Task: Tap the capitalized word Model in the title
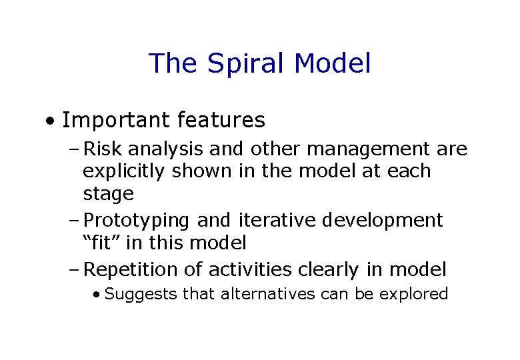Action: [x=332, y=63]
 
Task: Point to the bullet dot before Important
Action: [x=50, y=122]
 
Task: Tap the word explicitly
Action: [x=125, y=171]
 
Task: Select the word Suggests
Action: [x=141, y=294]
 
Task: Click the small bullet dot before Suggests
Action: [x=97, y=295]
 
